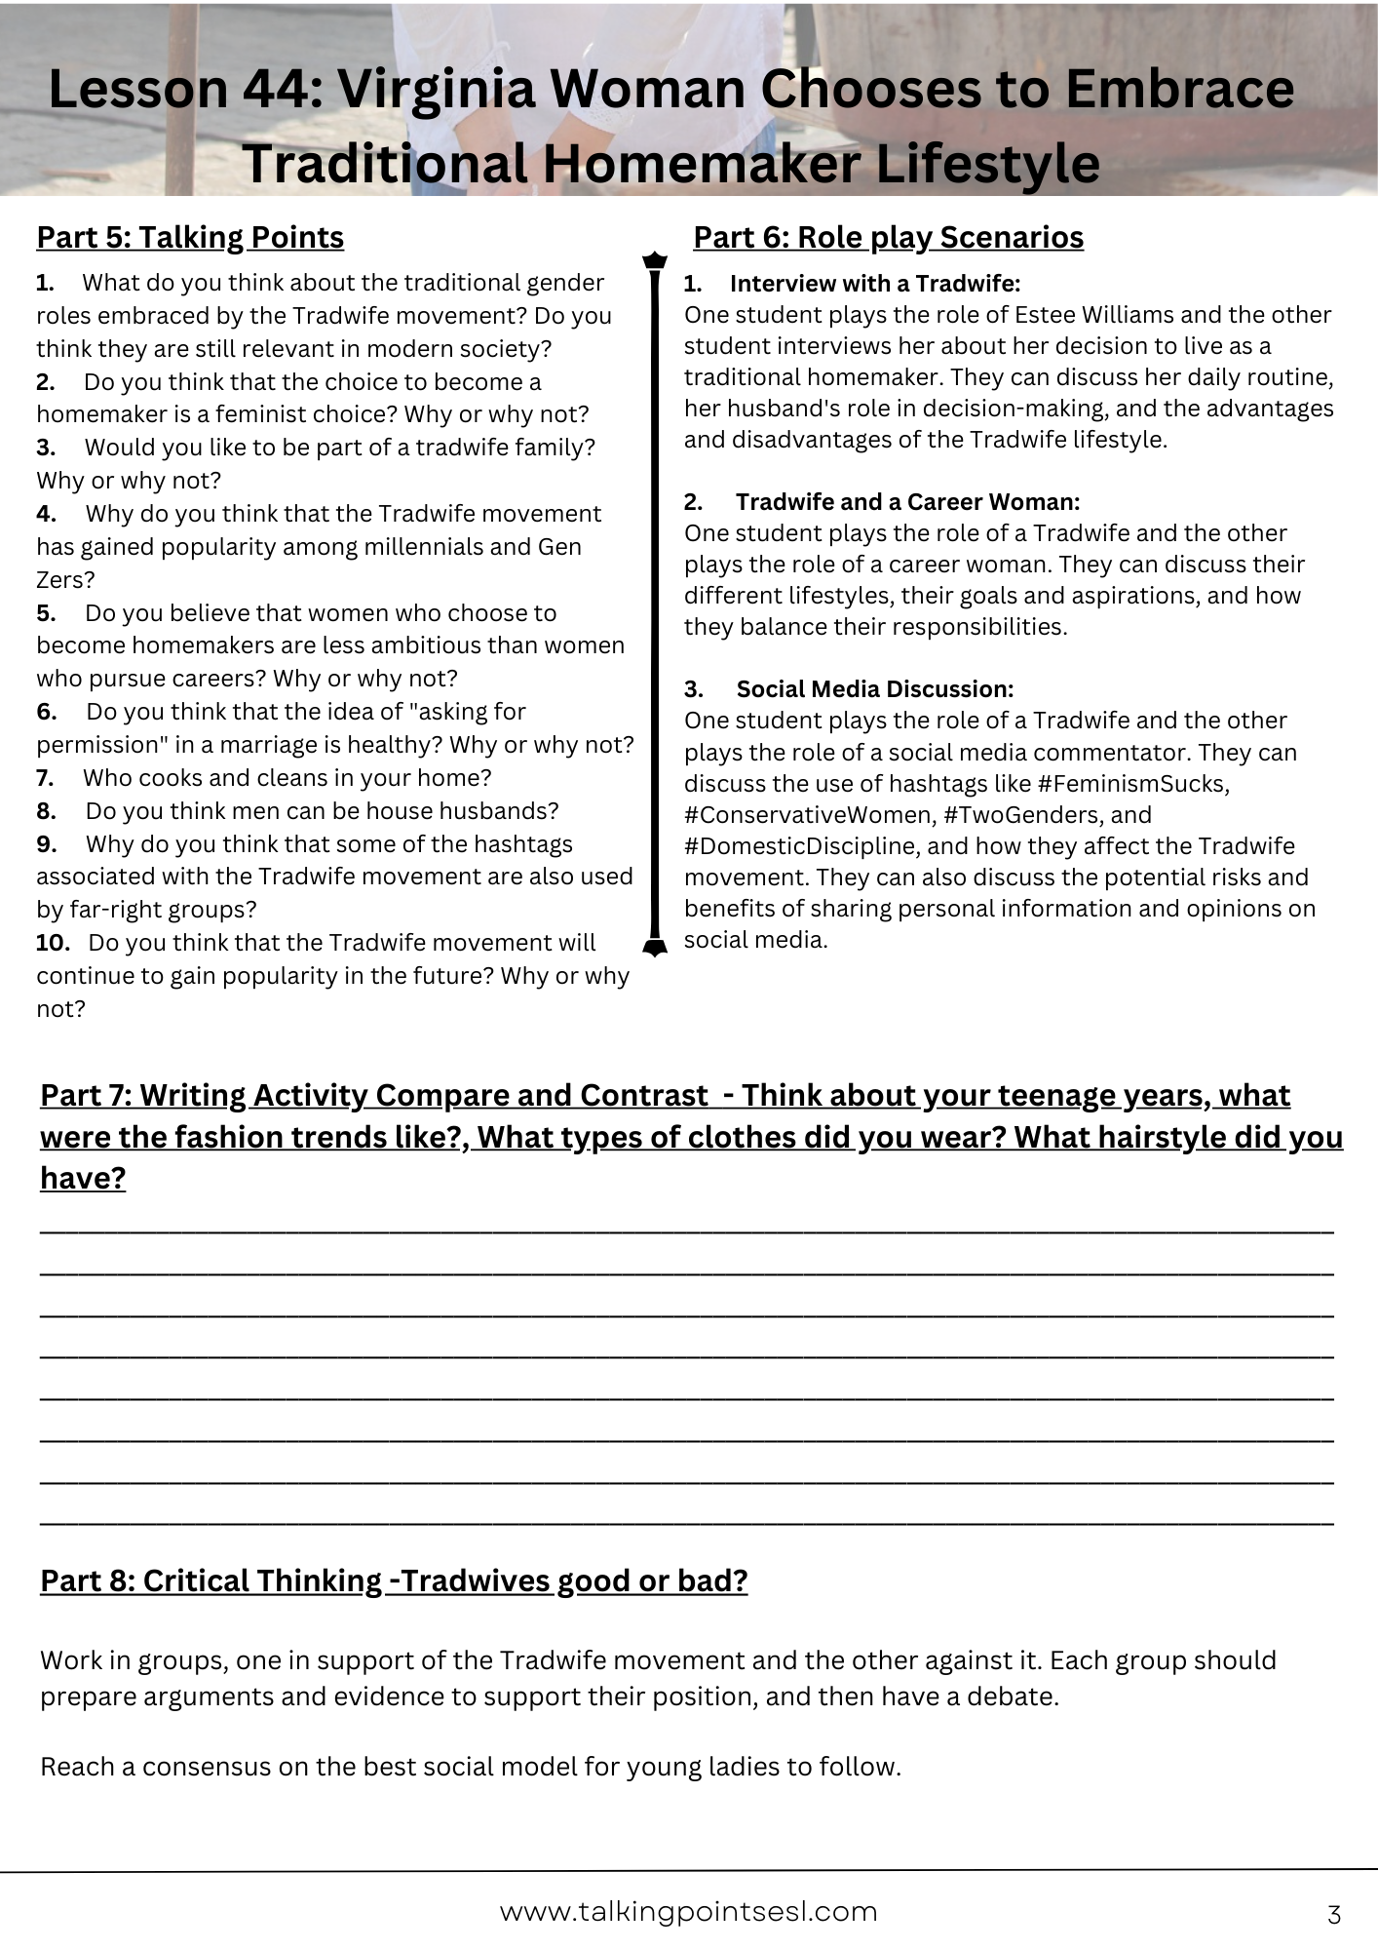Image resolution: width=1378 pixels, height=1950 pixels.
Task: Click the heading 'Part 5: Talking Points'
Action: pos(190,238)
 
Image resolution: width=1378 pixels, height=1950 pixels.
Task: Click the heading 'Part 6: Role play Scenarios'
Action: pos(888,238)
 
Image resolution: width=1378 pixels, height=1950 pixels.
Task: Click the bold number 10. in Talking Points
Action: pos(54,943)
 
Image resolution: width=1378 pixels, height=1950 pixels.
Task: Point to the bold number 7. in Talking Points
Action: pos(45,778)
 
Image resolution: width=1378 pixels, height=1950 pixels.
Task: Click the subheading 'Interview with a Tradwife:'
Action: pos(874,284)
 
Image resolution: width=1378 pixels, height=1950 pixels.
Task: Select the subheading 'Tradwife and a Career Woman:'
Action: pos(907,502)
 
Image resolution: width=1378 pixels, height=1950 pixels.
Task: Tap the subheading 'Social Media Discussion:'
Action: pos(874,689)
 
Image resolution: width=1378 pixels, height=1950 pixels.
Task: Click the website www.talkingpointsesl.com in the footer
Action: pos(688,1912)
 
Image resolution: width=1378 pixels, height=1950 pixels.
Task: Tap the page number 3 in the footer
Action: pos(1334,1915)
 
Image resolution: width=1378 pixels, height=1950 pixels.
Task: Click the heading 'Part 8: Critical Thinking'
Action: pos(394,1580)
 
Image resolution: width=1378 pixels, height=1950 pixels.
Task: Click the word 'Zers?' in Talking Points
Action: pos(65,580)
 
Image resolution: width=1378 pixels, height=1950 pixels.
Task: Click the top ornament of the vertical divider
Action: pos(655,261)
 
